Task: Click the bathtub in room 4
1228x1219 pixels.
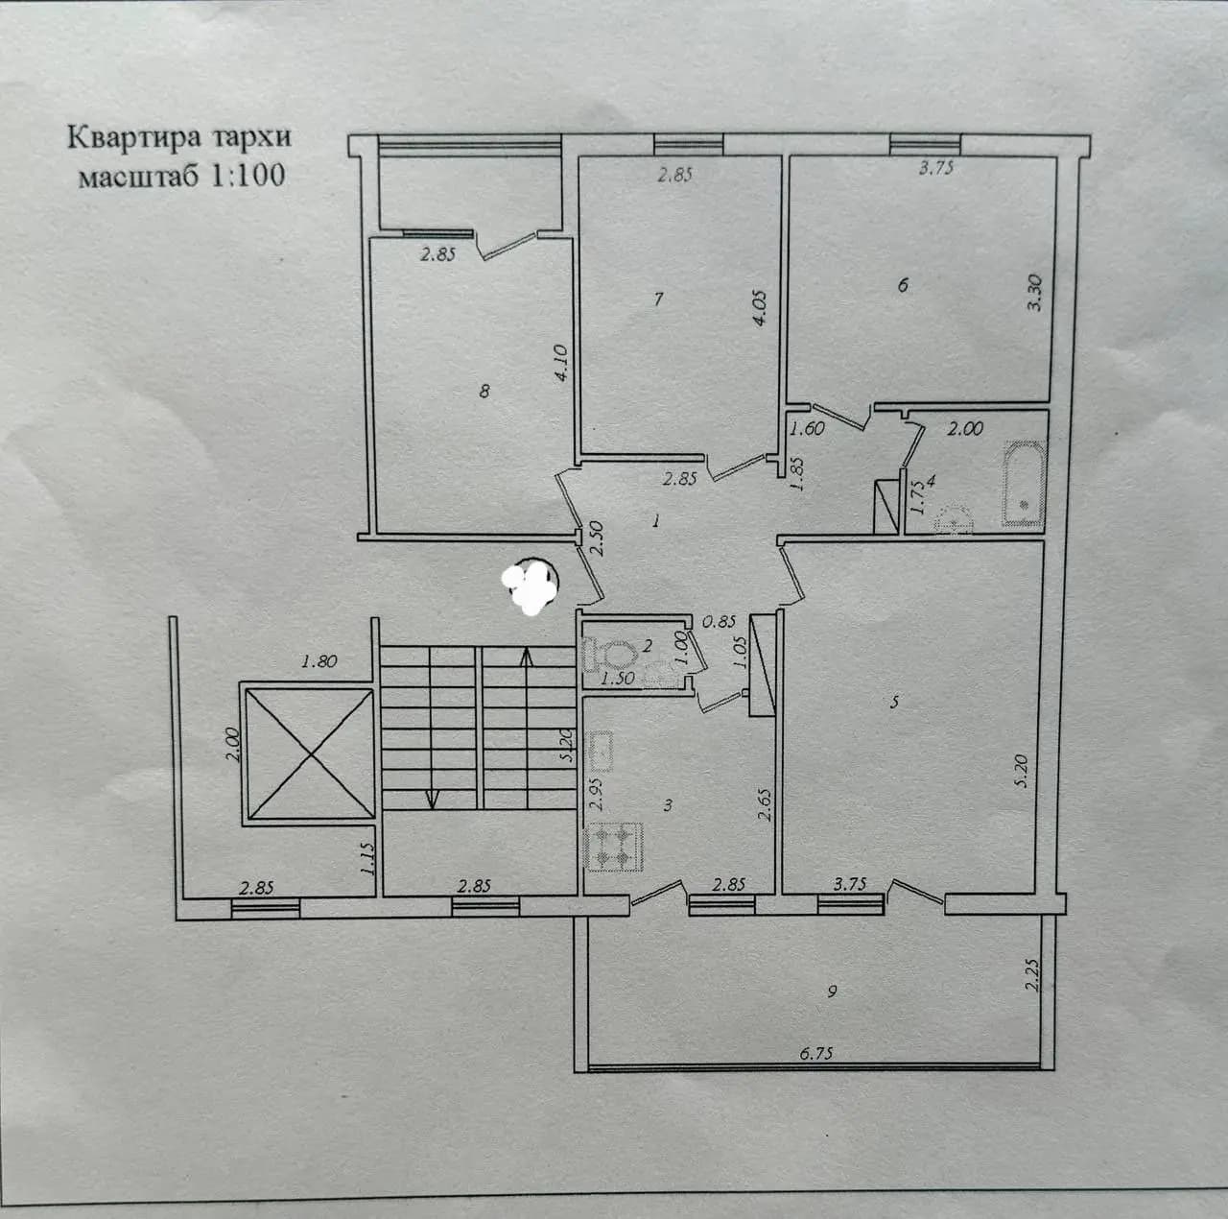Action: tap(1024, 484)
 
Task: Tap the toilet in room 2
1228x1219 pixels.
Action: tap(610, 654)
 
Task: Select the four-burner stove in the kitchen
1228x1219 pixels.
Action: tap(615, 848)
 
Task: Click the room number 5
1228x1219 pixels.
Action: tap(895, 702)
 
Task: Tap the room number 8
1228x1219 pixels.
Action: tap(484, 391)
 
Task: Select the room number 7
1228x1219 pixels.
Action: tap(659, 299)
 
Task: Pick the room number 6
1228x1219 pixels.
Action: tap(903, 284)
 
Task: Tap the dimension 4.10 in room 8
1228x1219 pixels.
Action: tap(561, 363)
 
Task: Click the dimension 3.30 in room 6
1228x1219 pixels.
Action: tap(1034, 292)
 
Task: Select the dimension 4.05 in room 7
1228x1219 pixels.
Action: tap(760, 309)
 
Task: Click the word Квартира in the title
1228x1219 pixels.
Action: tap(131, 138)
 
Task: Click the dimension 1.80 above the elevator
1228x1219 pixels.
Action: tap(319, 660)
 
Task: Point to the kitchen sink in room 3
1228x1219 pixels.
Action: tap(600, 753)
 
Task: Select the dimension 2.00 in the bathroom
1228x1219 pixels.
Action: tap(965, 429)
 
